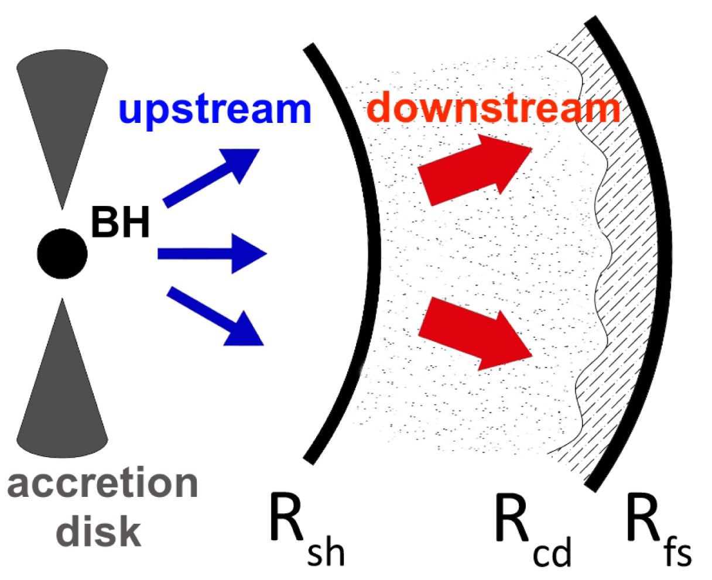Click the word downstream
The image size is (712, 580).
click(495, 108)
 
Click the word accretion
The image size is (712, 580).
click(103, 485)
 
